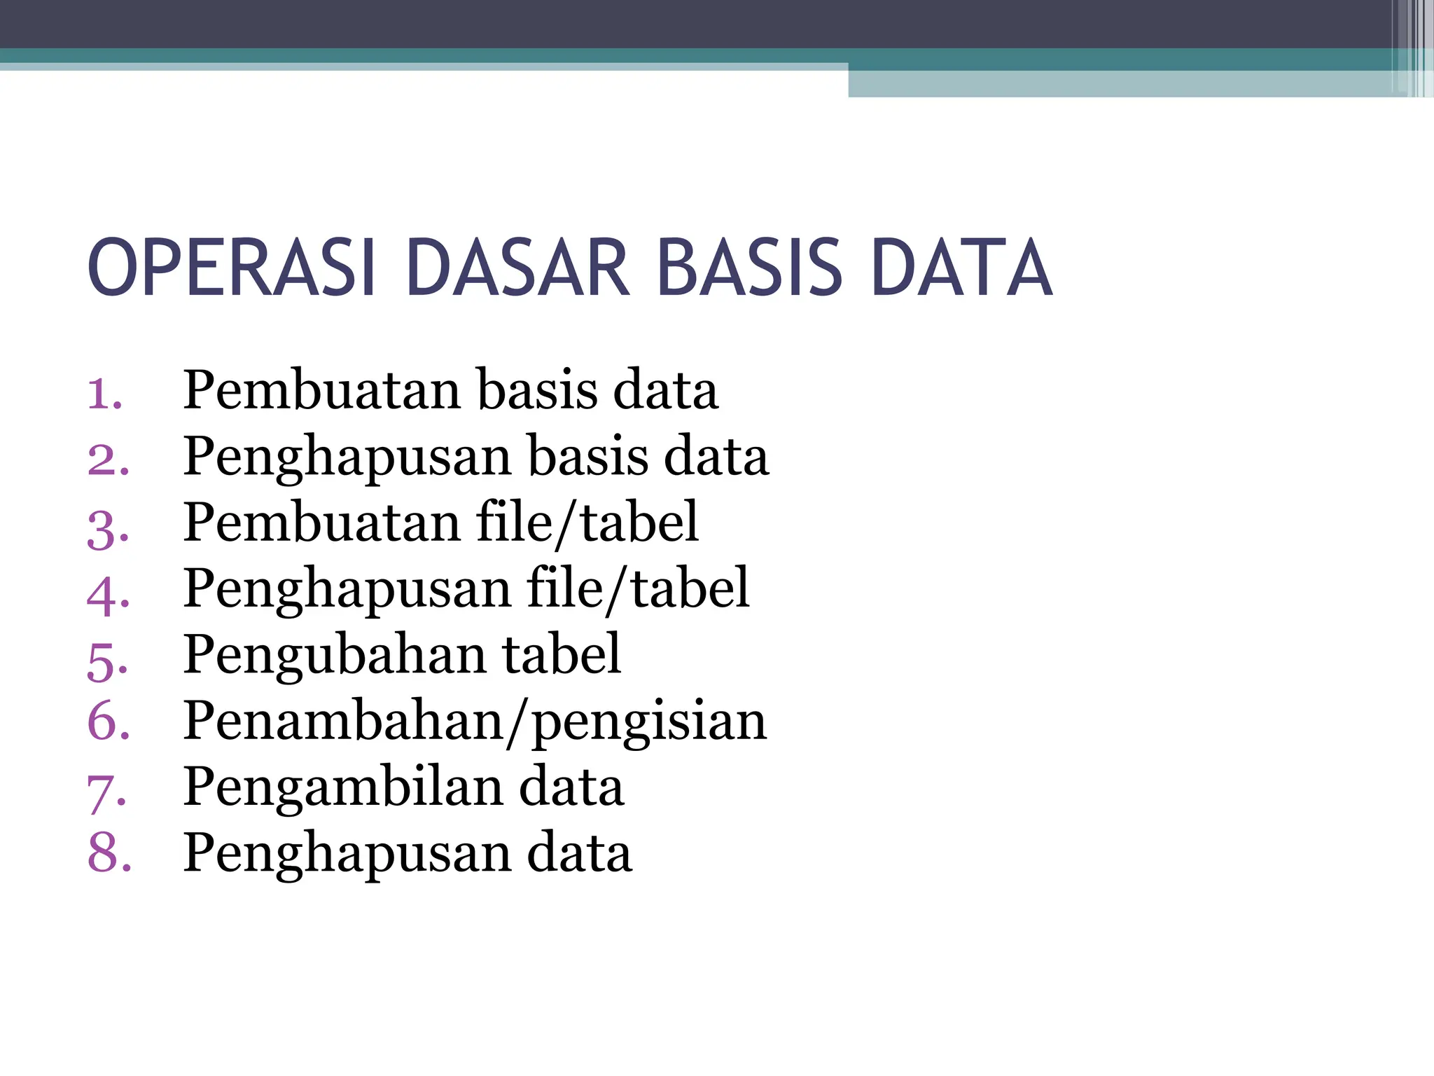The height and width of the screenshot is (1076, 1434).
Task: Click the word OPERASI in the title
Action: [x=231, y=268]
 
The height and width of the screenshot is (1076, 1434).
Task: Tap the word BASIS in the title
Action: [x=750, y=268]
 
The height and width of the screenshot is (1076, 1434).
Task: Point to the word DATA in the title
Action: [x=962, y=268]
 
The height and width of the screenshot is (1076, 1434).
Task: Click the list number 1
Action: [x=105, y=393]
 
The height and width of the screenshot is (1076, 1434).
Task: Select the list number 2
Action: [x=108, y=460]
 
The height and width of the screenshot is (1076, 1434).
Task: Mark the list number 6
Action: [x=108, y=722]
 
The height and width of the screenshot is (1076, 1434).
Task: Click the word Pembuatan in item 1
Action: [x=322, y=389]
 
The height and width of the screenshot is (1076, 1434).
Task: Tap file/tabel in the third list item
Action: [x=587, y=523]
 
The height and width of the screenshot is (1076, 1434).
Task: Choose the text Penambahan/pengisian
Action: [x=475, y=722]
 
